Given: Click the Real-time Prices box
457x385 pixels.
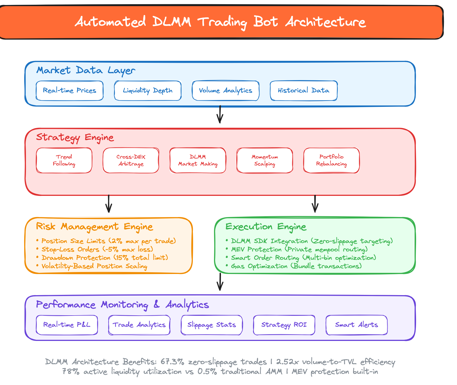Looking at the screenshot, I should (70, 91).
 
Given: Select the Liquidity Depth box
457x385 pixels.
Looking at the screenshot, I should (148, 91).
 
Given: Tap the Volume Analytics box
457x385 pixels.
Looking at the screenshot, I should (226, 91).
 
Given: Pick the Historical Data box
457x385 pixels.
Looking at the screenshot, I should (304, 91).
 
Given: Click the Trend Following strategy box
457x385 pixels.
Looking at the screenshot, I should (64, 160).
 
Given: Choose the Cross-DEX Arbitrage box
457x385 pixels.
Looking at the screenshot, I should (131, 160).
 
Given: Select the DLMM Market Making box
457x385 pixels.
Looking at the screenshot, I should (198, 160).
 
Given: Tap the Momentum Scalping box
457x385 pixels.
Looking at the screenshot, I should (265, 160).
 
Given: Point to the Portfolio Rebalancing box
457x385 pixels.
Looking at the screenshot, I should (332, 160).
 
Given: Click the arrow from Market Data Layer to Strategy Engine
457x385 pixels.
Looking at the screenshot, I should (220, 114).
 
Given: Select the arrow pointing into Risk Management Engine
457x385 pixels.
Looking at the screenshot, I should (109, 204).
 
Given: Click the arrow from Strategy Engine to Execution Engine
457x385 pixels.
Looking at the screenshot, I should (315, 204).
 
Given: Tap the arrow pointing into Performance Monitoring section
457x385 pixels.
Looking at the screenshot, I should (220, 282).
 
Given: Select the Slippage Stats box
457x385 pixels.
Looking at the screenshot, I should (212, 325).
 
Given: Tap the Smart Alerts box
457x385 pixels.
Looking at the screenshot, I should (357, 325).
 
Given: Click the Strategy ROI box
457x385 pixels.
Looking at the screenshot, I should (284, 325).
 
